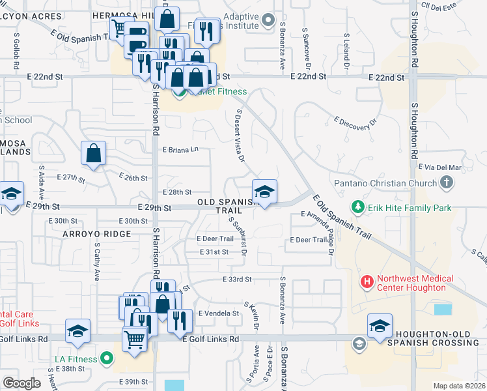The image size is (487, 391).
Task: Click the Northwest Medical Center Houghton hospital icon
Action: (x=367, y=282)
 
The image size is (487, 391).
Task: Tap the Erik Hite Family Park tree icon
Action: (x=357, y=208)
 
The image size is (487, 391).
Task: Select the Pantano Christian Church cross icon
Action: (x=447, y=182)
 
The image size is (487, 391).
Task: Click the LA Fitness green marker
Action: (x=107, y=358)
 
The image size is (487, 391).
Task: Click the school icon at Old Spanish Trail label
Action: (x=264, y=192)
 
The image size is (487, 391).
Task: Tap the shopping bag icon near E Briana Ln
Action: (x=94, y=154)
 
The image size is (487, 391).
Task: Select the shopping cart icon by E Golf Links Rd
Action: (x=135, y=339)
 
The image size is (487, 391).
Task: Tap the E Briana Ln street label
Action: (x=180, y=149)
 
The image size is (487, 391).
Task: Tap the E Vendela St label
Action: (x=219, y=313)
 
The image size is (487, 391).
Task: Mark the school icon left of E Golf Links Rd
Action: (x=77, y=331)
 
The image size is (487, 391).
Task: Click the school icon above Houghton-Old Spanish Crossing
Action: (x=380, y=326)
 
